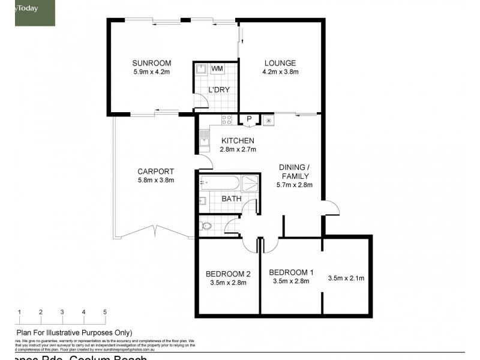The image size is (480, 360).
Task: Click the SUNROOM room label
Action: (x=152, y=63)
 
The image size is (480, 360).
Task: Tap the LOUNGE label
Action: (x=279, y=63)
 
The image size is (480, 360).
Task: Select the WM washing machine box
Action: (x=217, y=69)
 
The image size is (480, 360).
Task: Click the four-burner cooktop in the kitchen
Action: (x=227, y=119)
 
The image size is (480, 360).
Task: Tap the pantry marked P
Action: (x=248, y=119)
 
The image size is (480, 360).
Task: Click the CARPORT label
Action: (x=155, y=171)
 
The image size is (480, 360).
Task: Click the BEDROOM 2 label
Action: (x=227, y=274)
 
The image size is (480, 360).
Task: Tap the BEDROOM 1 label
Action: (x=289, y=271)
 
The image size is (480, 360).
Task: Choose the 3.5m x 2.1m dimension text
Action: (x=346, y=278)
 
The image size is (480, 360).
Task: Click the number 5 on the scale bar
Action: (x=105, y=312)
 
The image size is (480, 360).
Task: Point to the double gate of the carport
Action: (x=155, y=230)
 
